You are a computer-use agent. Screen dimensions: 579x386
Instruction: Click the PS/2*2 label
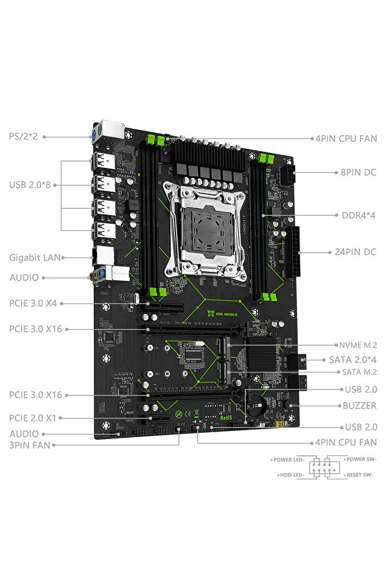pyautogui.click(x=24, y=136)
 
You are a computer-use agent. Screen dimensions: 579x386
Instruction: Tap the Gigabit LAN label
pyautogui.click(x=34, y=257)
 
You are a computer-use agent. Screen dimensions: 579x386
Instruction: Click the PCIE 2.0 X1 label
pyautogui.click(x=35, y=418)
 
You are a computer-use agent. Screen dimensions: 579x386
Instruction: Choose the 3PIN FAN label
pyautogui.click(x=29, y=445)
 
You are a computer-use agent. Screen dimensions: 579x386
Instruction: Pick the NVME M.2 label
pyautogui.click(x=358, y=345)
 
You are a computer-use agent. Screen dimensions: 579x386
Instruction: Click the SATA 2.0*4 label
pyautogui.click(x=352, y=359)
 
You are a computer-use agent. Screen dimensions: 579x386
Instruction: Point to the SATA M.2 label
pyautogui.click(x=359, y=372)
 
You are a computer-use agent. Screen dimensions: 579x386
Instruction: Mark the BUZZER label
pyautogui.click(x=360, y=405)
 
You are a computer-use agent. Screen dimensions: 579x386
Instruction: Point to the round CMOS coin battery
pyautogui.click(x=255, y=403)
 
